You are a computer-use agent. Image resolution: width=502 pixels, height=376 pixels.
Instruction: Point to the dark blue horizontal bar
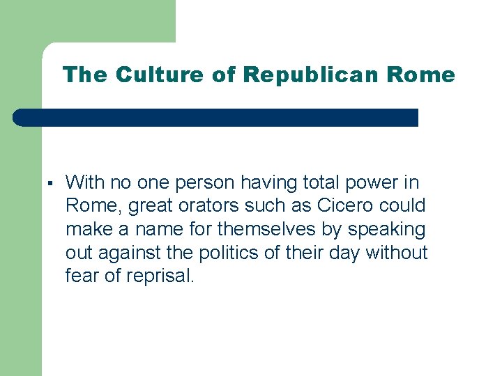pyautogui.click(x=216, y=117)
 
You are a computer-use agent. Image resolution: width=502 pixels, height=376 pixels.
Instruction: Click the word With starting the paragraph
pyautogui.click(x=84, y=183)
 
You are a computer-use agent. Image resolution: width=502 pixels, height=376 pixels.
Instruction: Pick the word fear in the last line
pyautogui.click(x=80, y=276)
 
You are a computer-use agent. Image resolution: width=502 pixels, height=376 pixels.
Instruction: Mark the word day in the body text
pyautogui.click(x=342, y=253)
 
